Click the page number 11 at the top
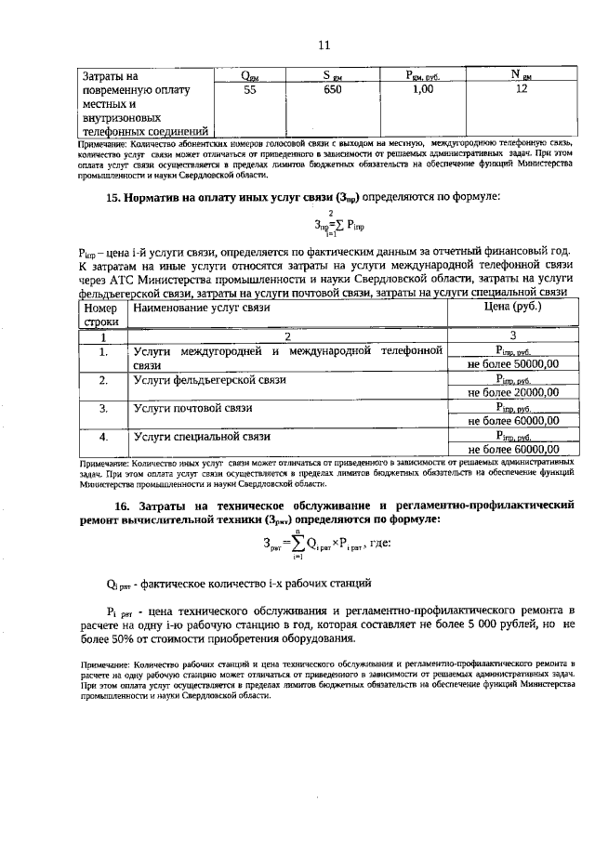coord(324,45)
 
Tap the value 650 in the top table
coord(333,90)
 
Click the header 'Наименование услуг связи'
coord(201,307)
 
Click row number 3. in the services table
coord(103,408)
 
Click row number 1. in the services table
coord(103,352)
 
